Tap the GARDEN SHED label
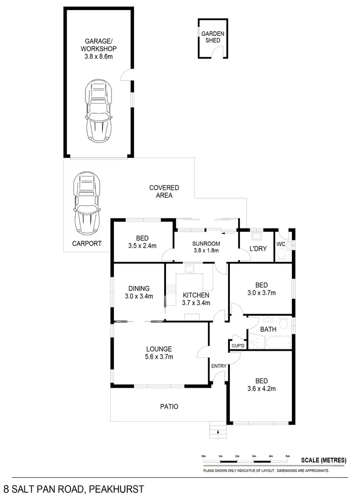click(211, 37)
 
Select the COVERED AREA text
click(164, 191)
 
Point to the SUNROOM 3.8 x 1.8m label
click(206, 247)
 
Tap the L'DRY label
click(257, 248)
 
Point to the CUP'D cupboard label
click(238, 345)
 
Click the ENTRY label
click(218, 366)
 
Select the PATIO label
click(168, 406)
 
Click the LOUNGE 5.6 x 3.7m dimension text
click(160, 356)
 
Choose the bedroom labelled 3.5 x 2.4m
click(142, 242)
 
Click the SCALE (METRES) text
click(323, 460)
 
